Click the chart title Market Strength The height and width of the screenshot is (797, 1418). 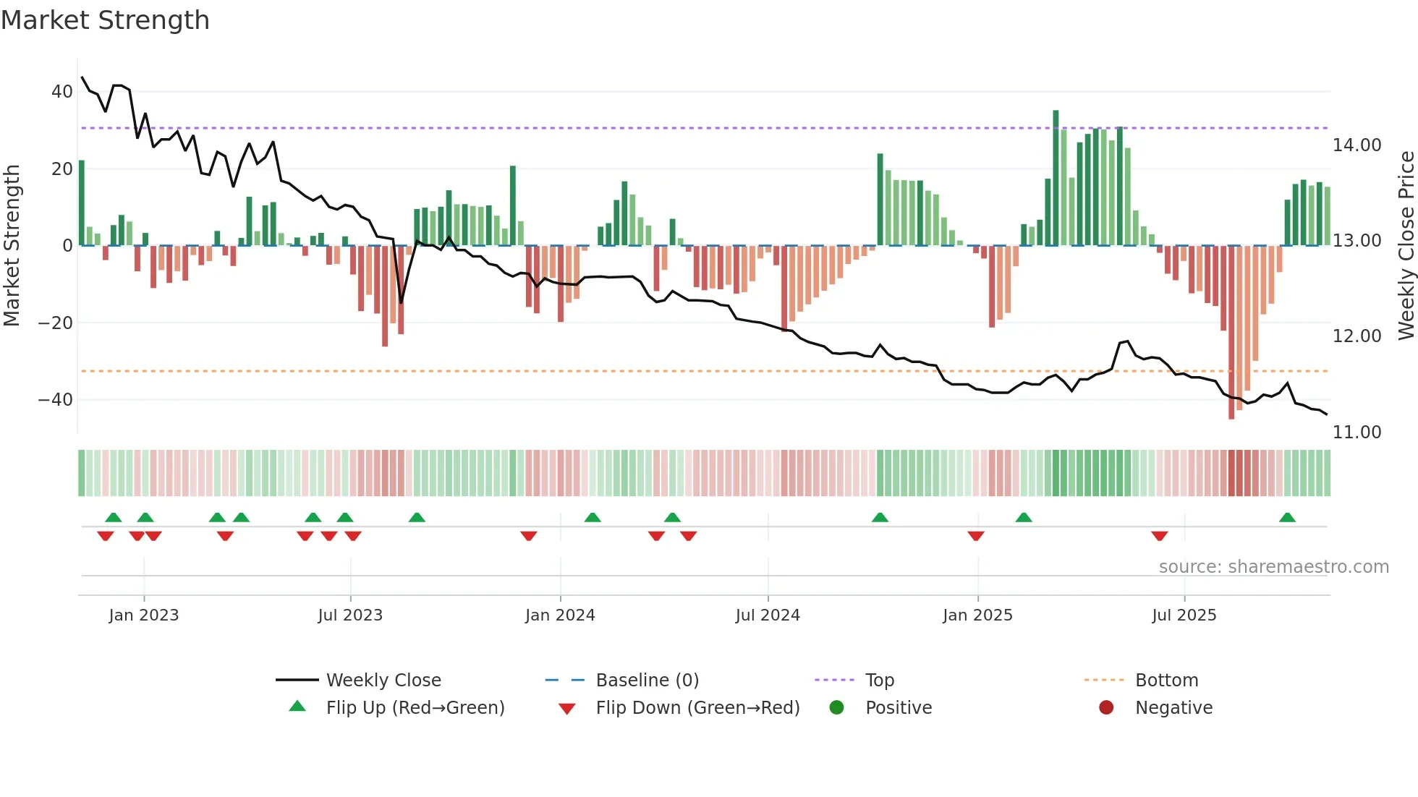point(105,20)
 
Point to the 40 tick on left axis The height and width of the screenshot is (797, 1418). point(61,92)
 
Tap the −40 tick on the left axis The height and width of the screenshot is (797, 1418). point(56,399)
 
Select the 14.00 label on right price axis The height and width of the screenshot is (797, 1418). point(1357,145)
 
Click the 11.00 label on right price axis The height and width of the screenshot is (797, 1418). point(1357,432)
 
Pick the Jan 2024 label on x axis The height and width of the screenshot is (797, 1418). point(560,615)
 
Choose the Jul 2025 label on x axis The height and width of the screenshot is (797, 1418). point(1184,615)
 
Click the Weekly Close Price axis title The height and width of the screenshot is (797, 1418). point(1406,245)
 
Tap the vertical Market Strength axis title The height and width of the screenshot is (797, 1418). point(12,245)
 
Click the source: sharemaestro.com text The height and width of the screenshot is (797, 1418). point(1273,567)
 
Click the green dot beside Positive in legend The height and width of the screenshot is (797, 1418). point(837,708)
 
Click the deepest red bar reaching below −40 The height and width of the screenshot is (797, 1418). point(1231,333)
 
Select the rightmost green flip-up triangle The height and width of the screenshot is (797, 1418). point(1287,518)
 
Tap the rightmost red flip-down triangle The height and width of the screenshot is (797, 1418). point(1160,536)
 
